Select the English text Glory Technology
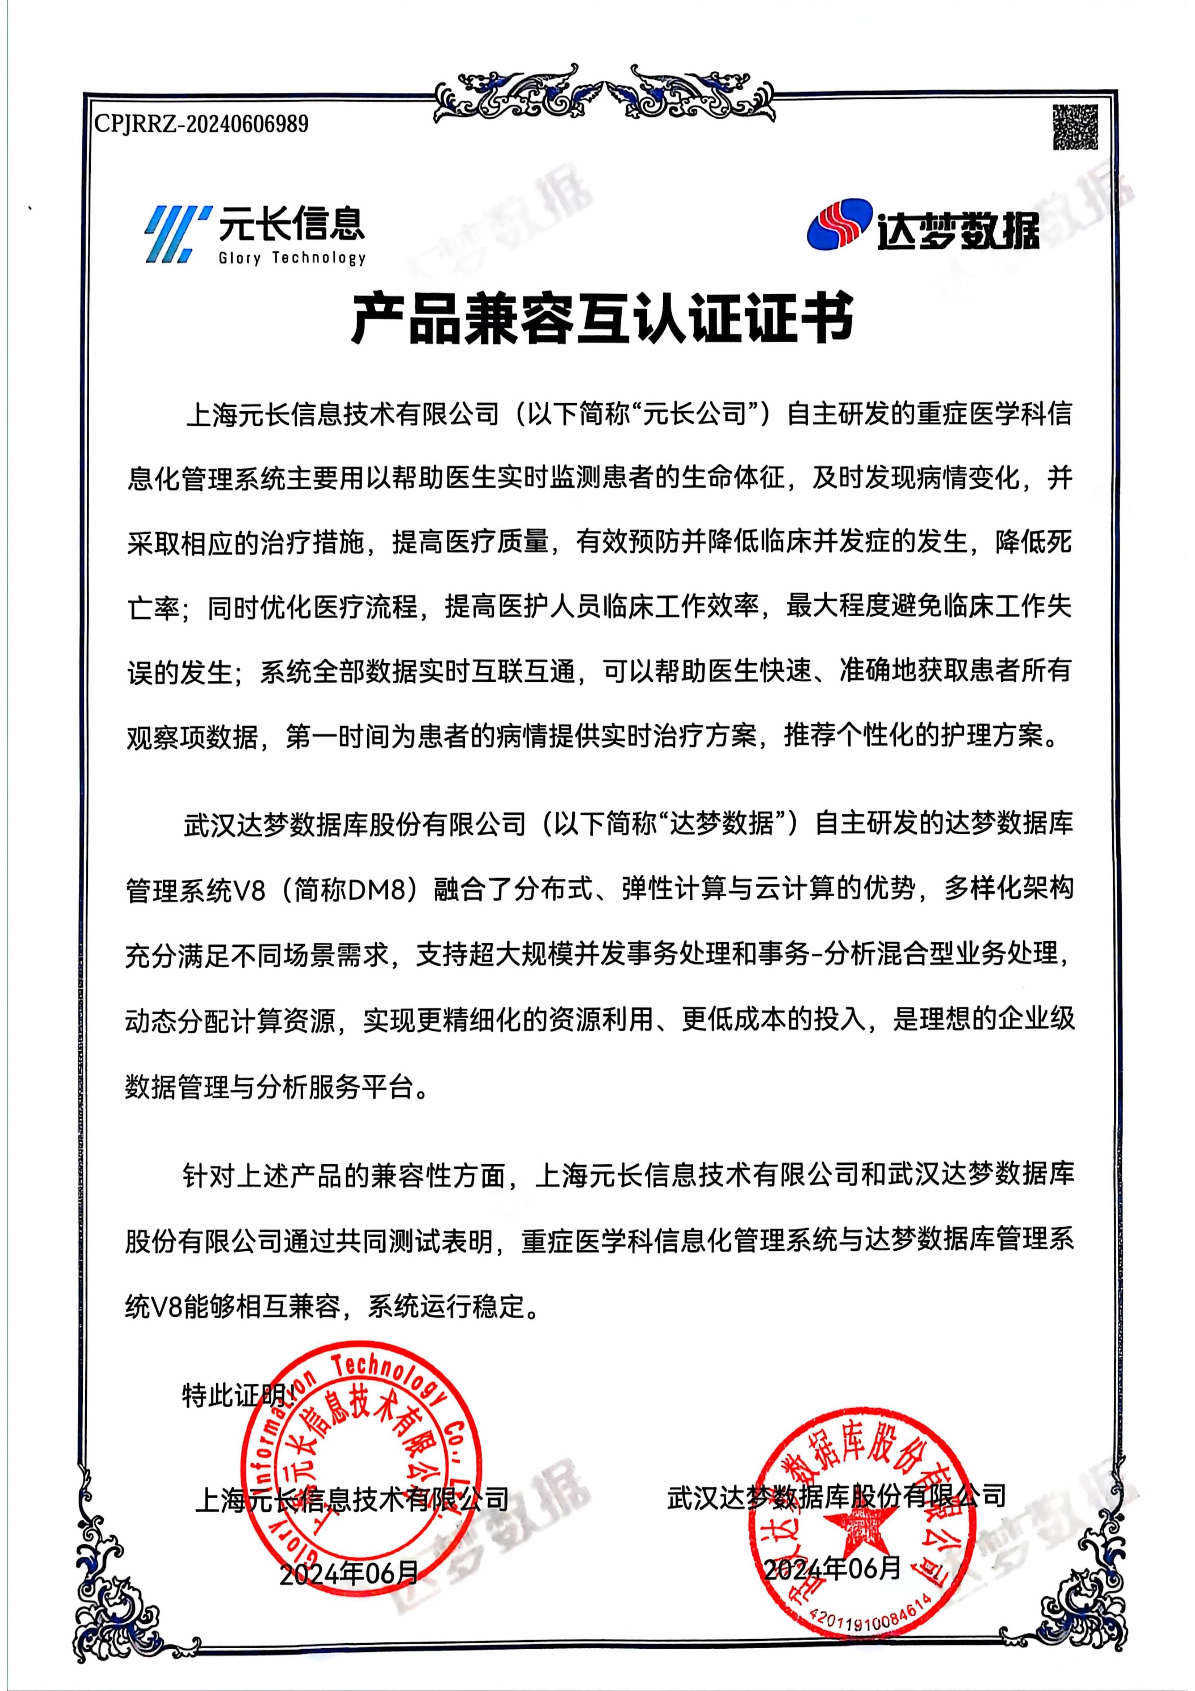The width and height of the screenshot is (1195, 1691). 292,258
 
